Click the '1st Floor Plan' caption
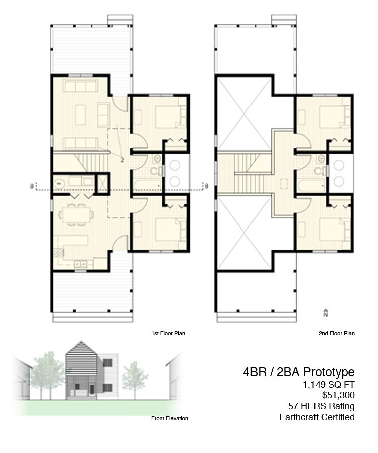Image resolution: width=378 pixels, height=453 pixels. [x=168, y=333]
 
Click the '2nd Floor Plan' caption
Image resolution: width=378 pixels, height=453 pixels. [x=336, y=333]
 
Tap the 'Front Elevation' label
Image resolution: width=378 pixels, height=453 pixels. [x=169, y=418]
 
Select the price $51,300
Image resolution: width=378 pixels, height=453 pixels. [x=338, y=395]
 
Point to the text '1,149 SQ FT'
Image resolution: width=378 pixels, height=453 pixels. [x=329, y=384]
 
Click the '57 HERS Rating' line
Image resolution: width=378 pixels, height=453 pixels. [x=322, y=406]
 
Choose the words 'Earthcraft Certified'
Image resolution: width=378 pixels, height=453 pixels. [x=317, y=417]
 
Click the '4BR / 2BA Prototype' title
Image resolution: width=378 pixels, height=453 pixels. [x=299, y=372]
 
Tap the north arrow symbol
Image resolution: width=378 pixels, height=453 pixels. [x=326, y=312]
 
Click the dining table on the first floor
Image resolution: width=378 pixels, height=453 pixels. [x=76, y=215]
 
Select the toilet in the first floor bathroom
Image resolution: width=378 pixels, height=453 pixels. [x=156, y=171]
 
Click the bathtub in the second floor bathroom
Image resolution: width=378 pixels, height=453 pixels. [x=311, y=186]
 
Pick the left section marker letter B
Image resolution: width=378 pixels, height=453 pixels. [x=32, y=186]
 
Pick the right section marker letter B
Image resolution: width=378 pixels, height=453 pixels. [x=206, y=186]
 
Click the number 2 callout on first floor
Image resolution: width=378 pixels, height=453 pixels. [x=122, y=159]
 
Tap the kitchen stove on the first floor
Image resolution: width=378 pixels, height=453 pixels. [x=58, y=253]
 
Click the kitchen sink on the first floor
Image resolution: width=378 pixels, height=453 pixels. [x=81, y=264]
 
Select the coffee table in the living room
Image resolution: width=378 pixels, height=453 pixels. [x=81, y=115]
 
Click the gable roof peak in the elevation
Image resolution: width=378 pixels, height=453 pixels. [x=81, y=341]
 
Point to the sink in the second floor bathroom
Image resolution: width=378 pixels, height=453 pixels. [x=321, y=159]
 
